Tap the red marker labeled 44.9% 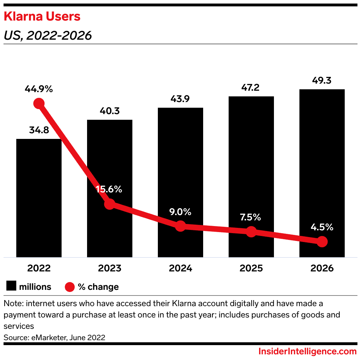tap(39, 103)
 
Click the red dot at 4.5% tap(322, 242)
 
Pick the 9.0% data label tap(180, 212)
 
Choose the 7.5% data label tap(251, 217)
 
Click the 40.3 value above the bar tap(109, 111)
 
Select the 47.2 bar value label tap(251, 88)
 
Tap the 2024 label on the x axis tap(180, 268)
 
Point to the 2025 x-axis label tap(251, 268)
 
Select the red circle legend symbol tap(70, 286)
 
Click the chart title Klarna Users tap(42, 17)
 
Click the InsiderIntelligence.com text tap(307, 351)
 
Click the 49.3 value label tap(322, 81)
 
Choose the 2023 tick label tap(109, 268)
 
